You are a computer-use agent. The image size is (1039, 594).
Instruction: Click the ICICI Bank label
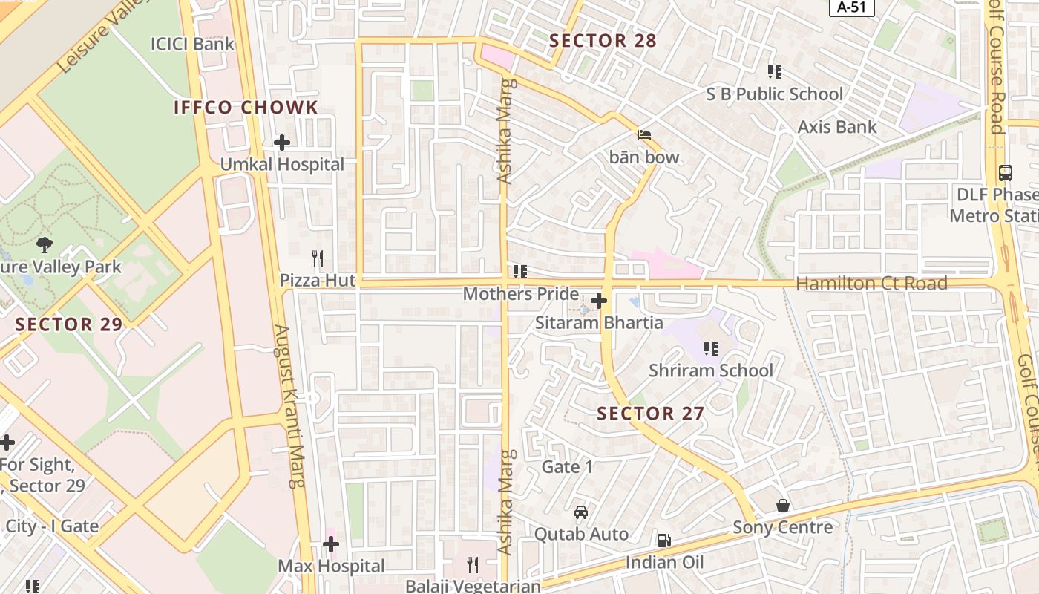[x=192, y=44]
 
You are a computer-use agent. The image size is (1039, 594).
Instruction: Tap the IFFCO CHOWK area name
[x=246, y=108]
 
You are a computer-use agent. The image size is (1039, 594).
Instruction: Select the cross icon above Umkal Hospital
[x=282, y=142]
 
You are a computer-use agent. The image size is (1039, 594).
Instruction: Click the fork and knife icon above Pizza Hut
[x=318, y=258]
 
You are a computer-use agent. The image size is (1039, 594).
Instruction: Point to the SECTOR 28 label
[x=603, y=41]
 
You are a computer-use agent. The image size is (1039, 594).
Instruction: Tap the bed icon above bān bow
[x=644, y=134]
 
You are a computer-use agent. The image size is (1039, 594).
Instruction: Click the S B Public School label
[x=774, y=94]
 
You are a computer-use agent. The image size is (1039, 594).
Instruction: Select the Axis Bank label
[x=836, y=127]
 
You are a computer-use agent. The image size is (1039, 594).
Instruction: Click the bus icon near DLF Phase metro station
[x=1006, y=172]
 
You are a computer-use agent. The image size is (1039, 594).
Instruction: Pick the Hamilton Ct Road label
[x=871, y=283]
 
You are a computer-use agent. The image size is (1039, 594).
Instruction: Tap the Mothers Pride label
[x=520, y=294]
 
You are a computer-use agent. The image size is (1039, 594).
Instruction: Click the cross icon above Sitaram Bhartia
[x=599, y=301]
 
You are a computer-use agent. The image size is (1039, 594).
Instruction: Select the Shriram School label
[x=710, y=371]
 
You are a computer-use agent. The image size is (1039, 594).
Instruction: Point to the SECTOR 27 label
[x=650, y=414]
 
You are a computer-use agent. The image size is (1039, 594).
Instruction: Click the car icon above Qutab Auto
[x=581, y=512]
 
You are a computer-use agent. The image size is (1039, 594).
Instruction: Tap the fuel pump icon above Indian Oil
[x=664, y=541]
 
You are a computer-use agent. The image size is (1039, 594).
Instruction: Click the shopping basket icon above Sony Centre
[x=783, y=506]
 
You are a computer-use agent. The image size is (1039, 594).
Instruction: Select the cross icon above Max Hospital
[x=331, y=544]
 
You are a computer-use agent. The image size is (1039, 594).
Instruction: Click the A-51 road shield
[x=851, y=7]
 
